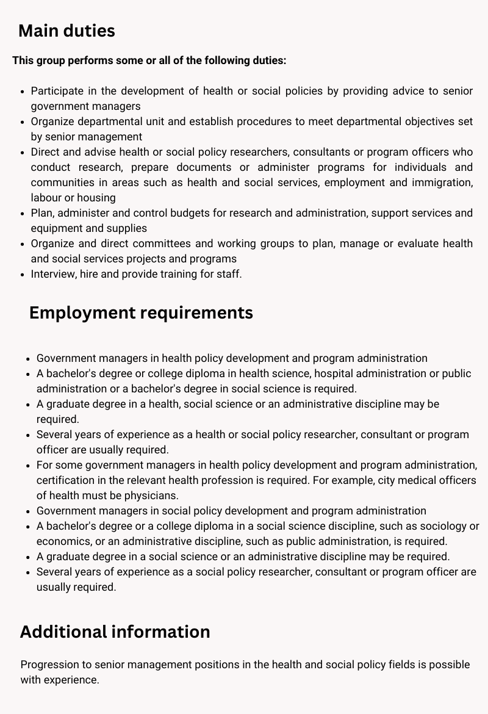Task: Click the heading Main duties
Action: click(x=66, y=31)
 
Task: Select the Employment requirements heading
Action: click(x=141, y=312)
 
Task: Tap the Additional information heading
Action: click(x=115, y=632)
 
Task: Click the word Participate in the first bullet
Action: click(x=57, y=91)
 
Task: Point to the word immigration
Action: click(x=443, y=182)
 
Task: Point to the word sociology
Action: click(x=443, y=526)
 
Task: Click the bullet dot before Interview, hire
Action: click(x=23, y=274)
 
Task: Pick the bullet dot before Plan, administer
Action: click(x=23, y=213)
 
